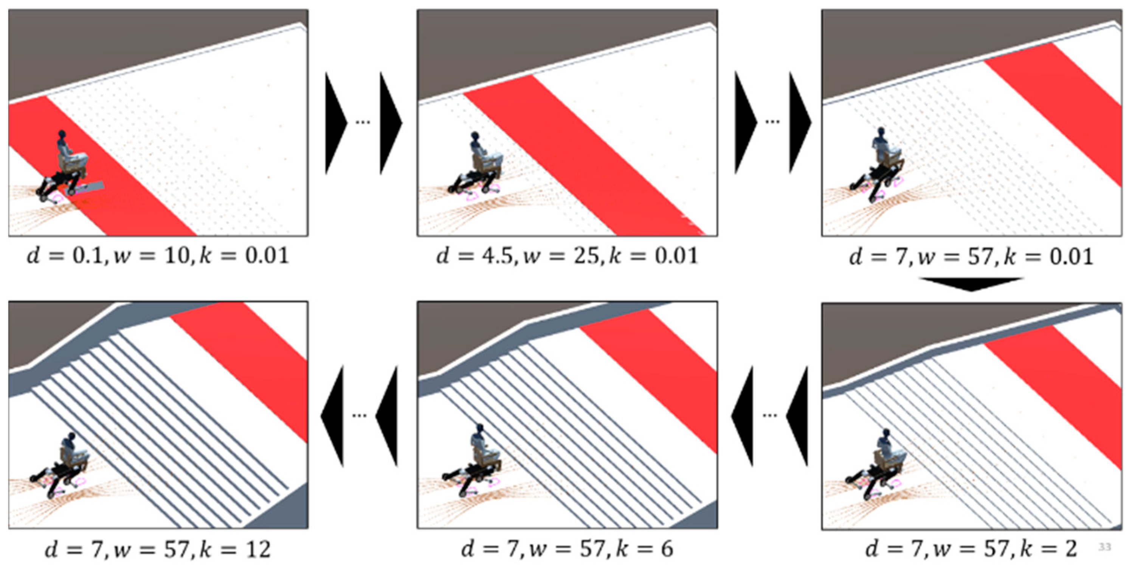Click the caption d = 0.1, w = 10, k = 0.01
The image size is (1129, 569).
(158, 256)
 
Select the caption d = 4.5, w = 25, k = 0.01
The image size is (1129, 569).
(567, 256)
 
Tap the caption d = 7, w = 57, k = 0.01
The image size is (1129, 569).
(971, 256)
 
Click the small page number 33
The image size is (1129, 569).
(1105, 547)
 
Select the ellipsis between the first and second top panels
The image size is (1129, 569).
(363, 122)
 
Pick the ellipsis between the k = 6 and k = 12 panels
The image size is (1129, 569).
(360, 416)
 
